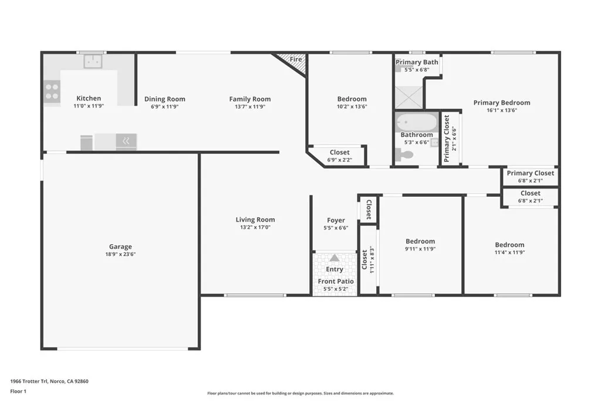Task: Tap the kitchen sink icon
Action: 93,61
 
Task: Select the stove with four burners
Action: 52,92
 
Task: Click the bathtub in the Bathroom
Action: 417,122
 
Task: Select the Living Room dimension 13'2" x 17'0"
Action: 255,227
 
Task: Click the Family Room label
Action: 250,99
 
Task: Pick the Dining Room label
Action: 165,99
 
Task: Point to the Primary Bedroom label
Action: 502,103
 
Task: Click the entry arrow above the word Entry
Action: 334,258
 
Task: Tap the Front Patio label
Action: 336,281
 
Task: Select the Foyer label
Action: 336,221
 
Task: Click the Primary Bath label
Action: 417,62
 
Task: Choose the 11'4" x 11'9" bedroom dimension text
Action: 509,252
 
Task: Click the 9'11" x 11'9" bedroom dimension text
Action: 420,249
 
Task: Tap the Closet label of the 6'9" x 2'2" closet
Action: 339,153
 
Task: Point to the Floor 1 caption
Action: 20,391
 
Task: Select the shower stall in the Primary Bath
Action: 408,97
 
